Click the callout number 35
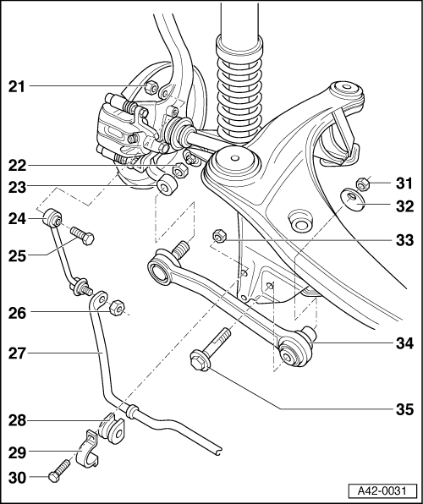pyautogui.click(x=404, y=410)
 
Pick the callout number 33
pyautogui.click(x=404, y=240)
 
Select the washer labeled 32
pyautogui.click(x=349, y=202)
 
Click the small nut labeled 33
pyautogui.click(x=218, y=237)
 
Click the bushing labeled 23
pyautogui.click(x=166, y=185)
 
